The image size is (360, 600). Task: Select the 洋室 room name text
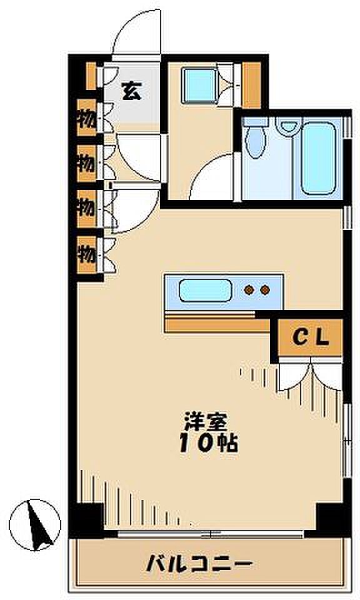[x=206, y=421]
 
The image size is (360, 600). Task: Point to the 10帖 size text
[x=209, y=444]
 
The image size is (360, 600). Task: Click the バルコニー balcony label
[x=199, y=564]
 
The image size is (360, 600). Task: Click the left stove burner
[x=249, y=290]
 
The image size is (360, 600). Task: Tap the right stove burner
[x=265, y=290]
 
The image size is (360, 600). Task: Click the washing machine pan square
[x=199, y=86]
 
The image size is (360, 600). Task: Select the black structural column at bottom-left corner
[x=86, y=519]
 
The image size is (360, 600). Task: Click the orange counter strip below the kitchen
[x=217, y=325]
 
